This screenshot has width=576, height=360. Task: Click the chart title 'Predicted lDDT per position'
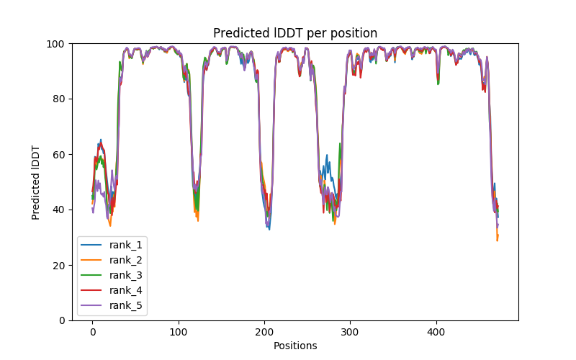[295, 33]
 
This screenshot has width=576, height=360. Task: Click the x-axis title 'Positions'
[295, 346]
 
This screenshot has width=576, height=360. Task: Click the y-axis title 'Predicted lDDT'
[36, 182]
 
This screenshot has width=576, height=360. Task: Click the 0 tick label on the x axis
[92, 332]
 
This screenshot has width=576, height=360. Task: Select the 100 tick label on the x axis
[178, 332]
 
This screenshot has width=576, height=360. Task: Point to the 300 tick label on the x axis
[350, 332]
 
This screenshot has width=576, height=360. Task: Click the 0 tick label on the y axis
[63, 320]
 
